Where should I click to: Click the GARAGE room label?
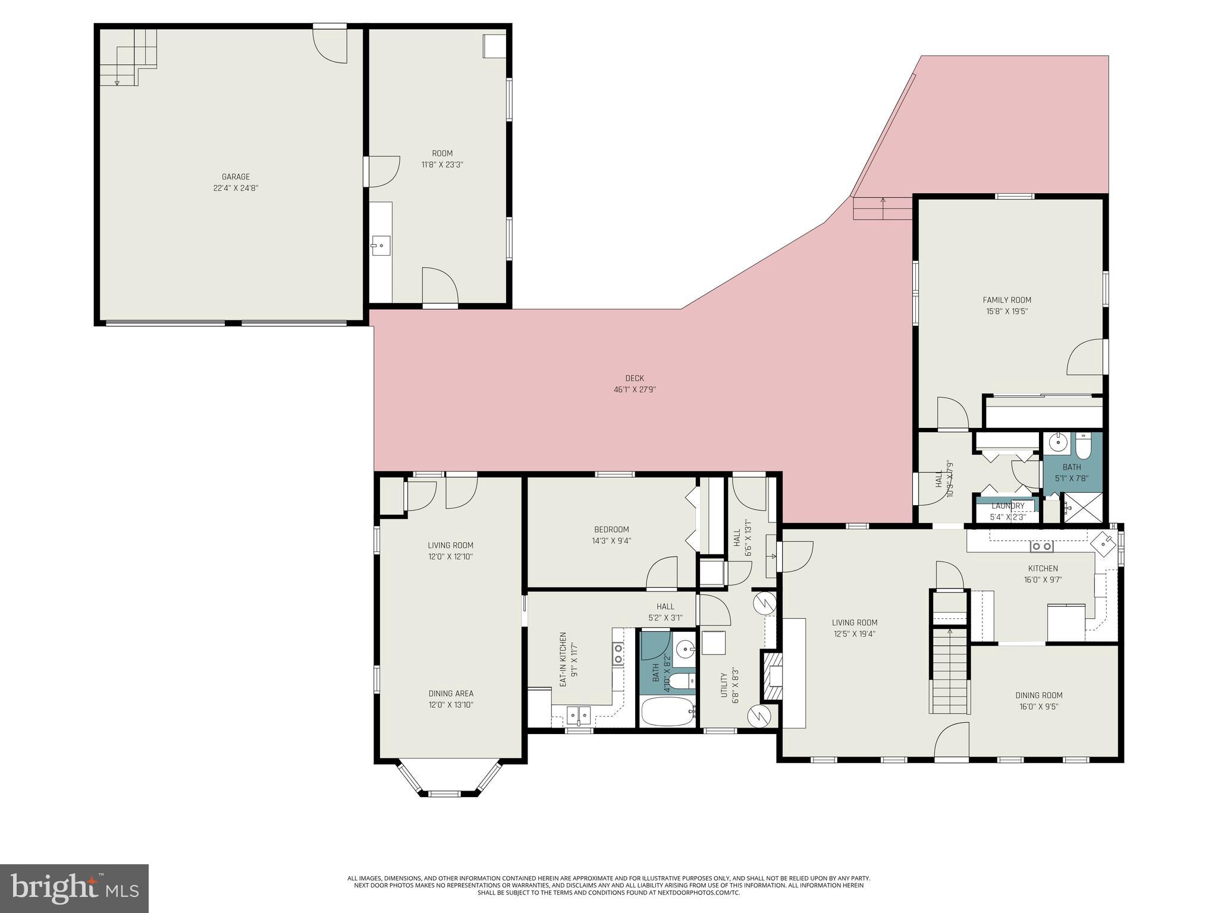click(x=236, y=177)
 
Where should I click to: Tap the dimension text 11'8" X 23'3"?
click(x=442, y=165)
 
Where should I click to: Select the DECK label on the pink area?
click(x=635, y=378)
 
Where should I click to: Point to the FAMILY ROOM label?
click(x=1007, y=300)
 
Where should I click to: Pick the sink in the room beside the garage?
click(x=380, y=244)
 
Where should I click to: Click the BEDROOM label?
click(x=611, y=530)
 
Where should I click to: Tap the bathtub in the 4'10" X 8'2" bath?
click(x=667, y=711)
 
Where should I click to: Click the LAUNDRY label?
click(x=1008, y=506)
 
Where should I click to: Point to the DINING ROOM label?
click(x=1038, y=695)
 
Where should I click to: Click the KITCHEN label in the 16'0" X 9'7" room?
click(x=1043, y=568)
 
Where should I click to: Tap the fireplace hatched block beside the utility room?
click(x=771, y=676)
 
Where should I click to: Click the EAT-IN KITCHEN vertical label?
click(x=563, y=660)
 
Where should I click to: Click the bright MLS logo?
click(x=74, y=888)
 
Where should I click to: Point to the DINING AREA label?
click(x=451, y=694)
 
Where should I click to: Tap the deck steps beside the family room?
click(x=883, y=208)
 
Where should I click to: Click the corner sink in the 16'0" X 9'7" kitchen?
click(x=1105, y=543)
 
